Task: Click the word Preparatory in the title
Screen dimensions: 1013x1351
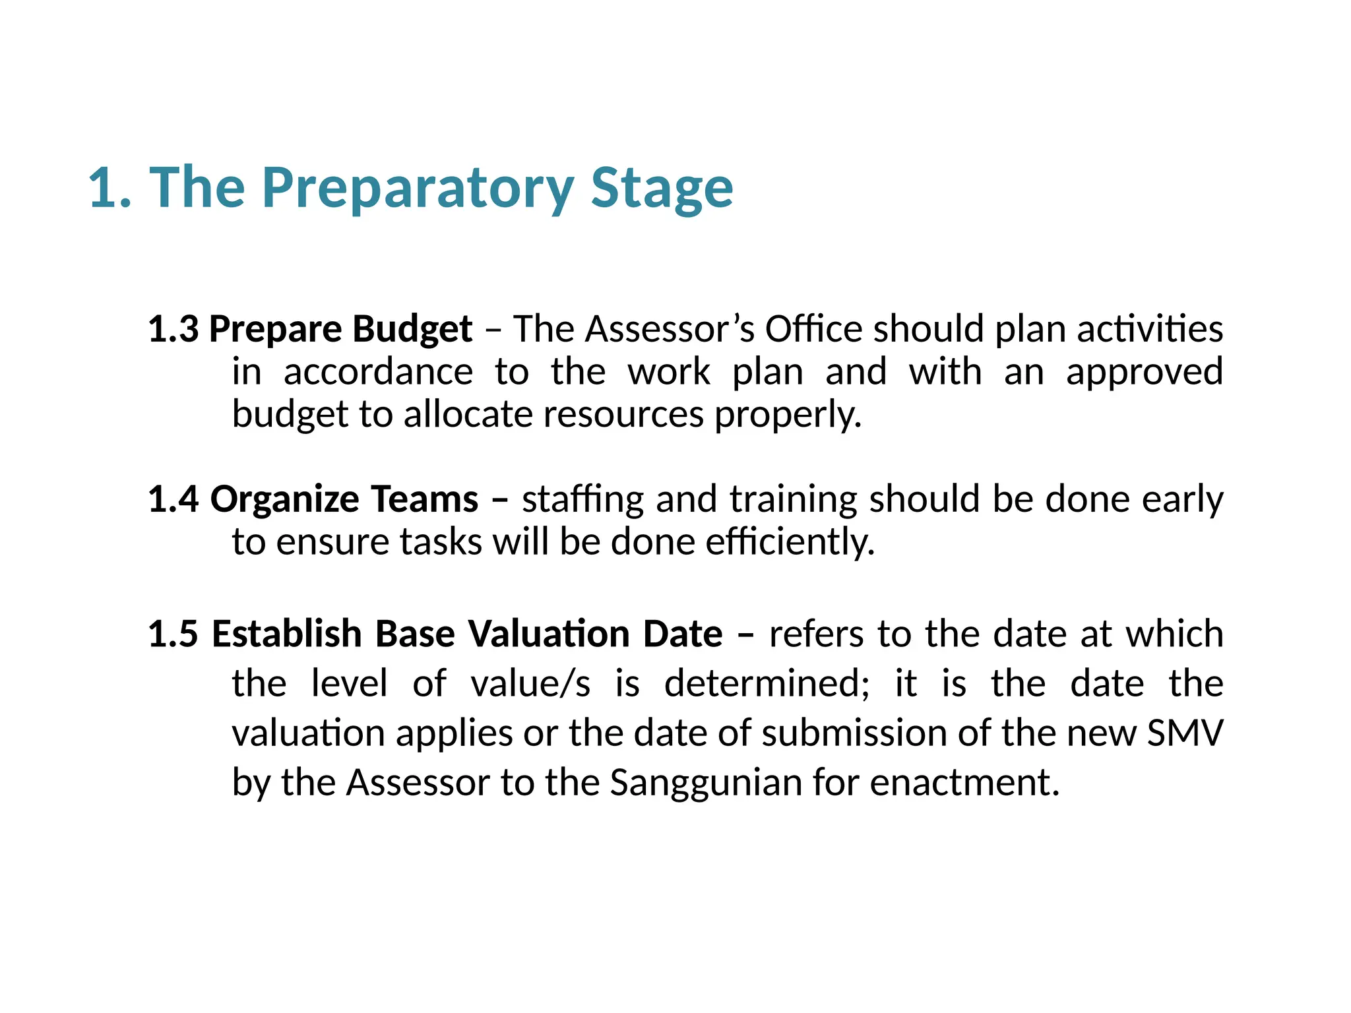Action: tap(418, 189)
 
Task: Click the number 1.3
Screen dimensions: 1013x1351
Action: tap(173, 328)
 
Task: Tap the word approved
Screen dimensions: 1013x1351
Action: tap(1145, 372)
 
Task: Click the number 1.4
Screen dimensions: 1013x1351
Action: tap(173, 499)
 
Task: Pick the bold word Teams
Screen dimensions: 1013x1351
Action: tap(424, 499)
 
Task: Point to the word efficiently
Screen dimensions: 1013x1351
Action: tap(790, 542)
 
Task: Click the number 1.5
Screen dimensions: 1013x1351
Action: tap(173, 634)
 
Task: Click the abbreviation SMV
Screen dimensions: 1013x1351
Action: tap(1185, 733)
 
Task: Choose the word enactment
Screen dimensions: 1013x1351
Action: tap(964, 783)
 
